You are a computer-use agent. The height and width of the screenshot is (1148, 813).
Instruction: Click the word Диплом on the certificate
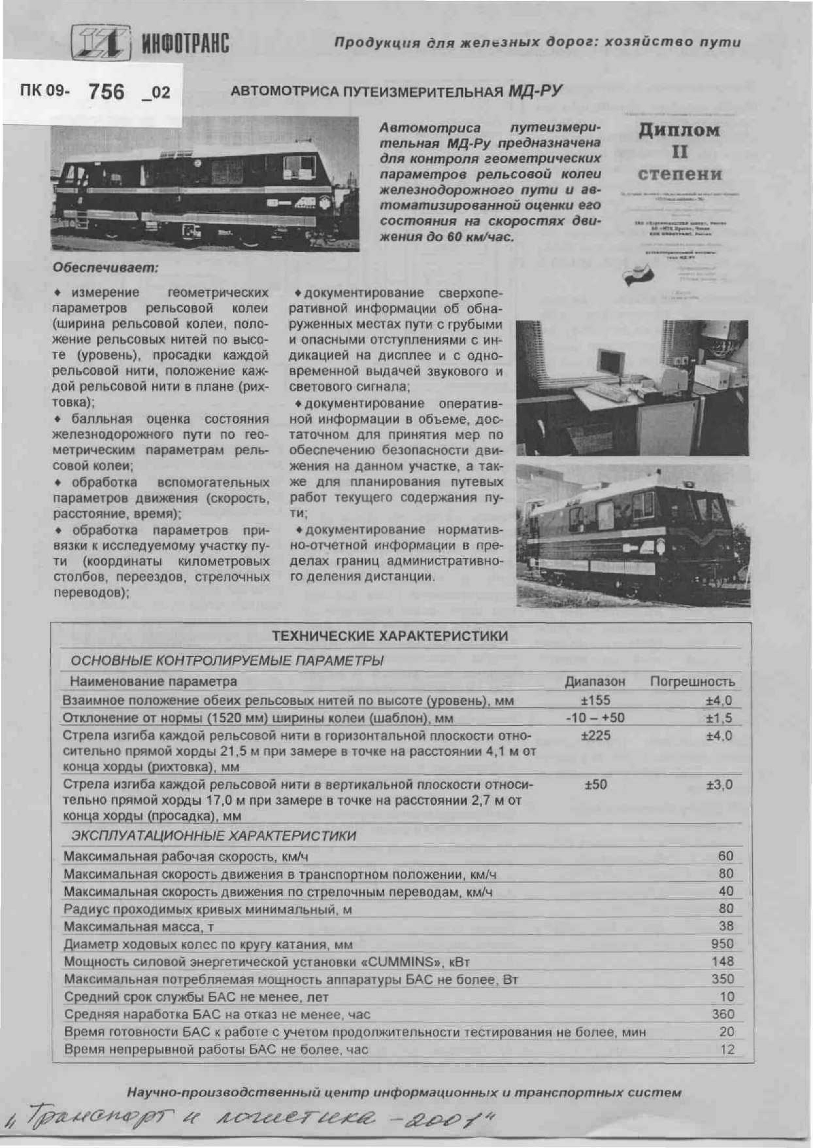coord(678,131)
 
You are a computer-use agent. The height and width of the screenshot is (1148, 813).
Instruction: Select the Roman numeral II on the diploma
coord(679,152)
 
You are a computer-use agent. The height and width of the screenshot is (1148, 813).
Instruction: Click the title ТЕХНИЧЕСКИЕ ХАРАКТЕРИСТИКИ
coord(390,636)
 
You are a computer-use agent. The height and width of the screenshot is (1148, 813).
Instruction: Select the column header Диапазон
coord(595,682)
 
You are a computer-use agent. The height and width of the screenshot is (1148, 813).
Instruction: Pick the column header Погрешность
coord(692,682)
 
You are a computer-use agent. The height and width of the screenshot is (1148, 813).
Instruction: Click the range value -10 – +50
coord(595,717)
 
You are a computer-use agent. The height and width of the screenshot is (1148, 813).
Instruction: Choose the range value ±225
coord(595,735)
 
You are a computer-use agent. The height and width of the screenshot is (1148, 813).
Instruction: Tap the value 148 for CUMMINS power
coord(722,961)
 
